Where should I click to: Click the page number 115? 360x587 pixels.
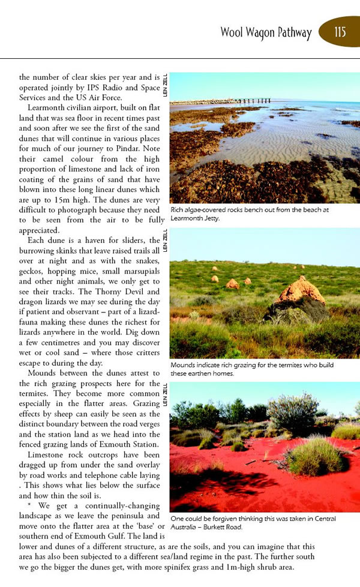340,31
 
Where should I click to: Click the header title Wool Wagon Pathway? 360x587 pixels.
266,32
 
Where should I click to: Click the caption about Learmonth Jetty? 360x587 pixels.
250,214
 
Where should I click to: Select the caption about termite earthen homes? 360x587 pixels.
251,369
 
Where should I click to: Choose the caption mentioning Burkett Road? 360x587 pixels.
251,522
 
